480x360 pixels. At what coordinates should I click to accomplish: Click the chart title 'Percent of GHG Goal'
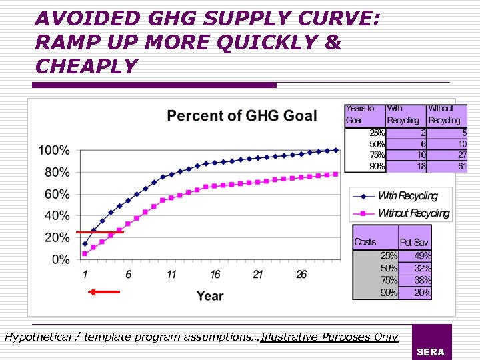(241, 115)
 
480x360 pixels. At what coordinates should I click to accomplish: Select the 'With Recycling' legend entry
(407, 196)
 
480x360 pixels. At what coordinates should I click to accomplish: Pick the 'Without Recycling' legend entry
(413, 213)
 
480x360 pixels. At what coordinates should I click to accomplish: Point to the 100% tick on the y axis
(54, 151)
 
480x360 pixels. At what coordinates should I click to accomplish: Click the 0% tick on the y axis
(59, 259)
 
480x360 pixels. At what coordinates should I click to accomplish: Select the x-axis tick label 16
(215, 275)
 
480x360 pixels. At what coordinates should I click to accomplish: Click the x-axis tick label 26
(301, 275)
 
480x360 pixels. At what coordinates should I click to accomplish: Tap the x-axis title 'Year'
(210, 295)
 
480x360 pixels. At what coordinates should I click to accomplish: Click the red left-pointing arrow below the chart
(104, 291)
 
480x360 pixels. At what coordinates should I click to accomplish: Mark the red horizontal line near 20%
(99, 232)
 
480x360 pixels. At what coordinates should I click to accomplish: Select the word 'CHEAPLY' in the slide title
(87, 66)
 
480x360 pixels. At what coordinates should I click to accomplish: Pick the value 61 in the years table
(461, 167)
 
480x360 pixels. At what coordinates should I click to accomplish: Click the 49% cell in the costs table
(422, 255)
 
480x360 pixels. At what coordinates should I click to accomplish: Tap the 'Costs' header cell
(365, 242)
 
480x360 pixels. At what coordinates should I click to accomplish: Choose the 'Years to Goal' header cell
(360, 114)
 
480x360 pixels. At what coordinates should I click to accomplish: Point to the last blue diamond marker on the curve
(335, 150)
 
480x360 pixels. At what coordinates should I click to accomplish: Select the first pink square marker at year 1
(85, 253)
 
